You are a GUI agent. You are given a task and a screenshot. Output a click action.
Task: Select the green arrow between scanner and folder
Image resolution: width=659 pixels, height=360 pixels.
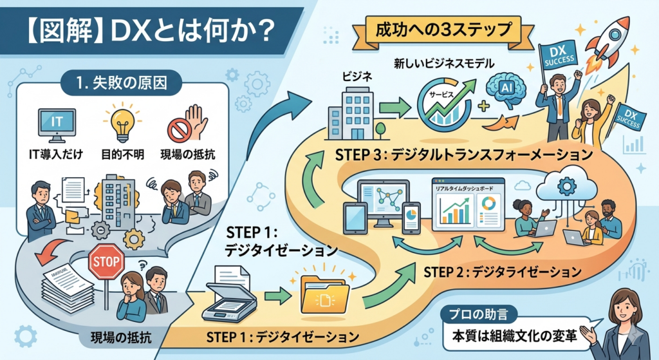275,296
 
